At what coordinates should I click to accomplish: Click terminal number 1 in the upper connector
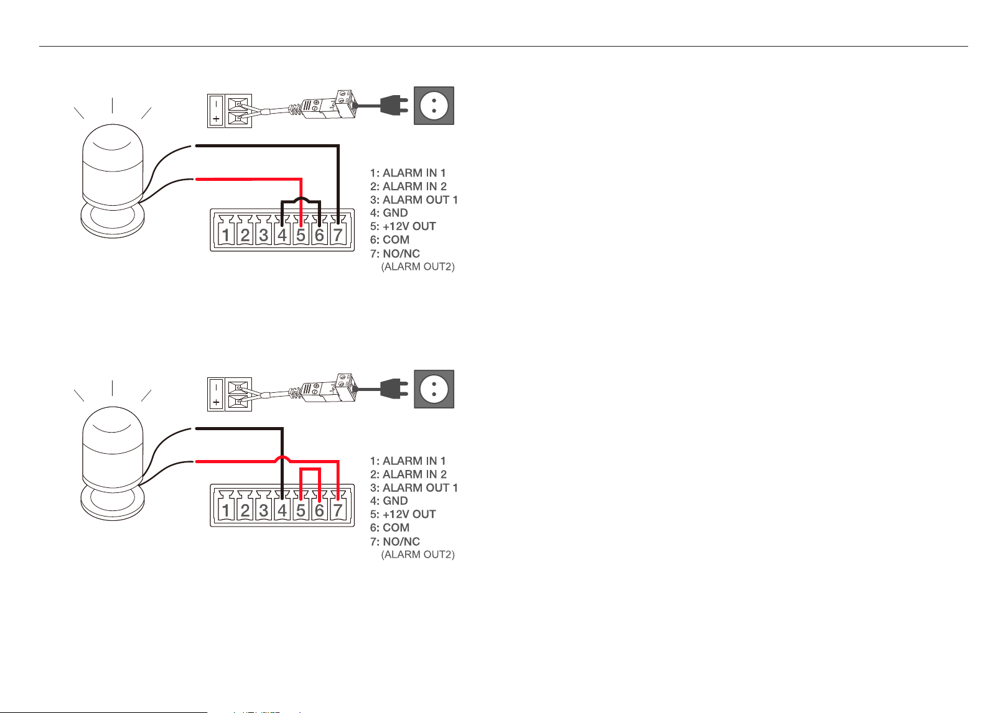(226, 235)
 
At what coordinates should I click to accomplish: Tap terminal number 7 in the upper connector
(338, 235)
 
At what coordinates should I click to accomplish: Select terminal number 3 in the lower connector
(263, 510)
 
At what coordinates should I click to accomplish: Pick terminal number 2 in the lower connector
(245, 510)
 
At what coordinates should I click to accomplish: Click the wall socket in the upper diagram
(434, 106)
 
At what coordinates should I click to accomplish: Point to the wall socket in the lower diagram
(434, 389)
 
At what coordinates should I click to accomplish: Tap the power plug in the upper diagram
(394, 106)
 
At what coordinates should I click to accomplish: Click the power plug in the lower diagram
(394, 389)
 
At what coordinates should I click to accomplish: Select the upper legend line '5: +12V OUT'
(403, 226)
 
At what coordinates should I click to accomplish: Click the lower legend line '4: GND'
(389, 501)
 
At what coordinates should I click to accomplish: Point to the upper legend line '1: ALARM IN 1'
(408, 173)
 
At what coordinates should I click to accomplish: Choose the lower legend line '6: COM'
(390, 527)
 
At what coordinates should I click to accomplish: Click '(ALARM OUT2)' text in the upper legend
(418, 267)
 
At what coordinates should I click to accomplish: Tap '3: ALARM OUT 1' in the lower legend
(414, 487)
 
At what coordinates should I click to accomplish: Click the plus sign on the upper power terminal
(216, 119)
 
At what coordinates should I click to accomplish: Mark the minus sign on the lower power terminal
(216, 387)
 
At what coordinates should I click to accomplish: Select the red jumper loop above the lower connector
(310, 469)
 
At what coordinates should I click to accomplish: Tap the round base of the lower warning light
(113, 503)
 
